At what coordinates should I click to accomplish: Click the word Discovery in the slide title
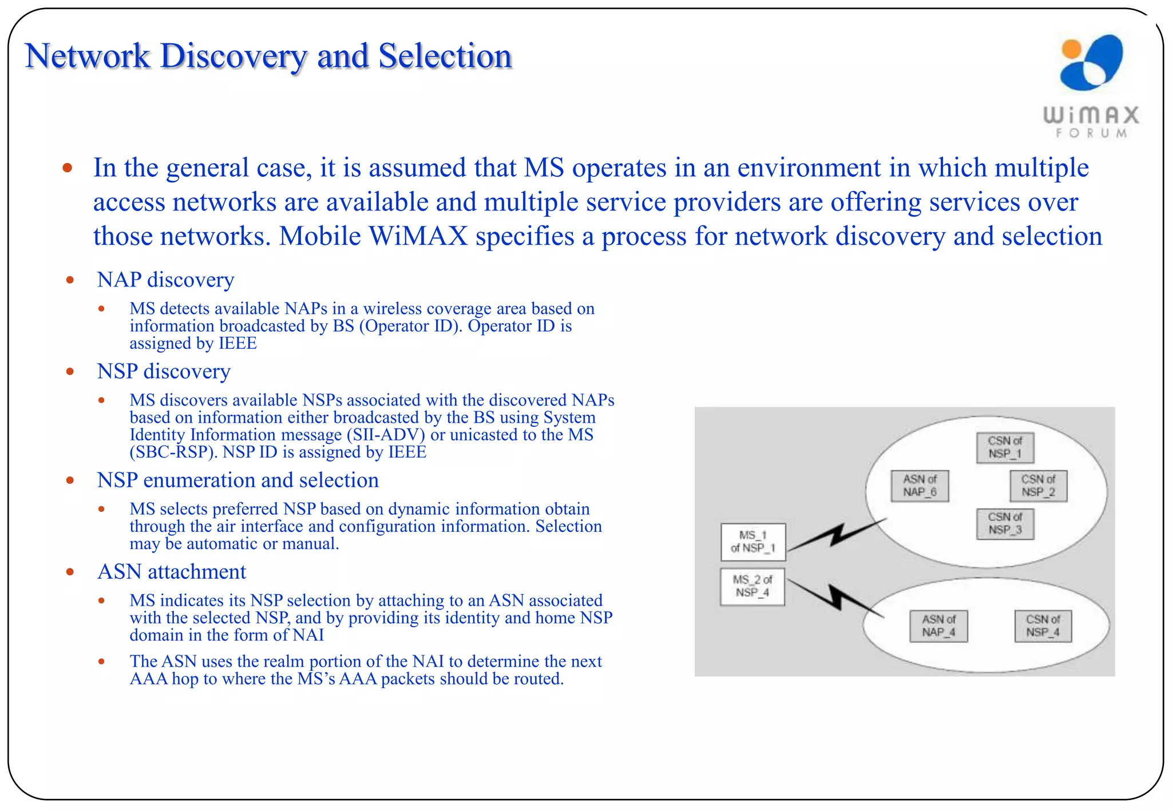click(x=233, y=57)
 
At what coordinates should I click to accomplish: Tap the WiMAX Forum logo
click(x=1091, y=86)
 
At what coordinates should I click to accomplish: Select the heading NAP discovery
click(x=165, y=280)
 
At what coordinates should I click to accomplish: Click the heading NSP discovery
click(x=164, y=371)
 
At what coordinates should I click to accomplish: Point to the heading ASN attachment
click(x=172, y=571)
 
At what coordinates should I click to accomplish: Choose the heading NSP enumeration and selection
click(x=237, y=480)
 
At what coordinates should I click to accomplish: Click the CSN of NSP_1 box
click(x=1004, y=447)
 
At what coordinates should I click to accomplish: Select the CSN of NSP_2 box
click(x=1038, y=486)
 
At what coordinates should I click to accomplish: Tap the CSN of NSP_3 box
click(x=1004, y=523)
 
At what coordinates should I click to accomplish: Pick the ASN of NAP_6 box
click(x=920, y=486)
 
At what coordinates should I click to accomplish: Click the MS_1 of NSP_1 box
click(x=753, y=542)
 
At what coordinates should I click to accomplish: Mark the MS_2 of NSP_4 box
click(x=752, y=586)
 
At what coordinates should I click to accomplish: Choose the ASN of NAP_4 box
click(x=939, y=626)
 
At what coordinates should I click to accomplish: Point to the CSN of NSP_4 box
click(x=1042, y=626)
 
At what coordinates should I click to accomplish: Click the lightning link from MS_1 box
click(x=837, y=535)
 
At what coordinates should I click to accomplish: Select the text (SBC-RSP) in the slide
click(x=173, y=452)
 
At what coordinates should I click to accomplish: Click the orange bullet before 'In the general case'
click(x=68, y=168)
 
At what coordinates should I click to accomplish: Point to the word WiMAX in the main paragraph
click(x=418, y=236)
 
